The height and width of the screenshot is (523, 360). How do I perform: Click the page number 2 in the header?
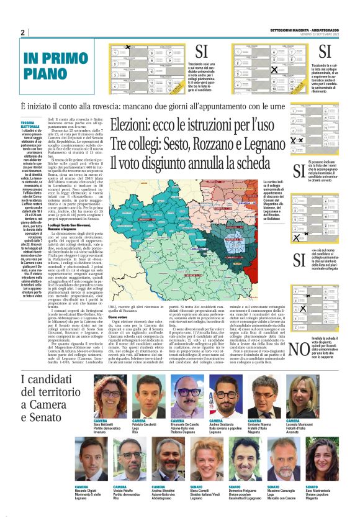(22, 32)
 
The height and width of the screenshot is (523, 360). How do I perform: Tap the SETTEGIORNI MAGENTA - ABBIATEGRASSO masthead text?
(305, 30)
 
